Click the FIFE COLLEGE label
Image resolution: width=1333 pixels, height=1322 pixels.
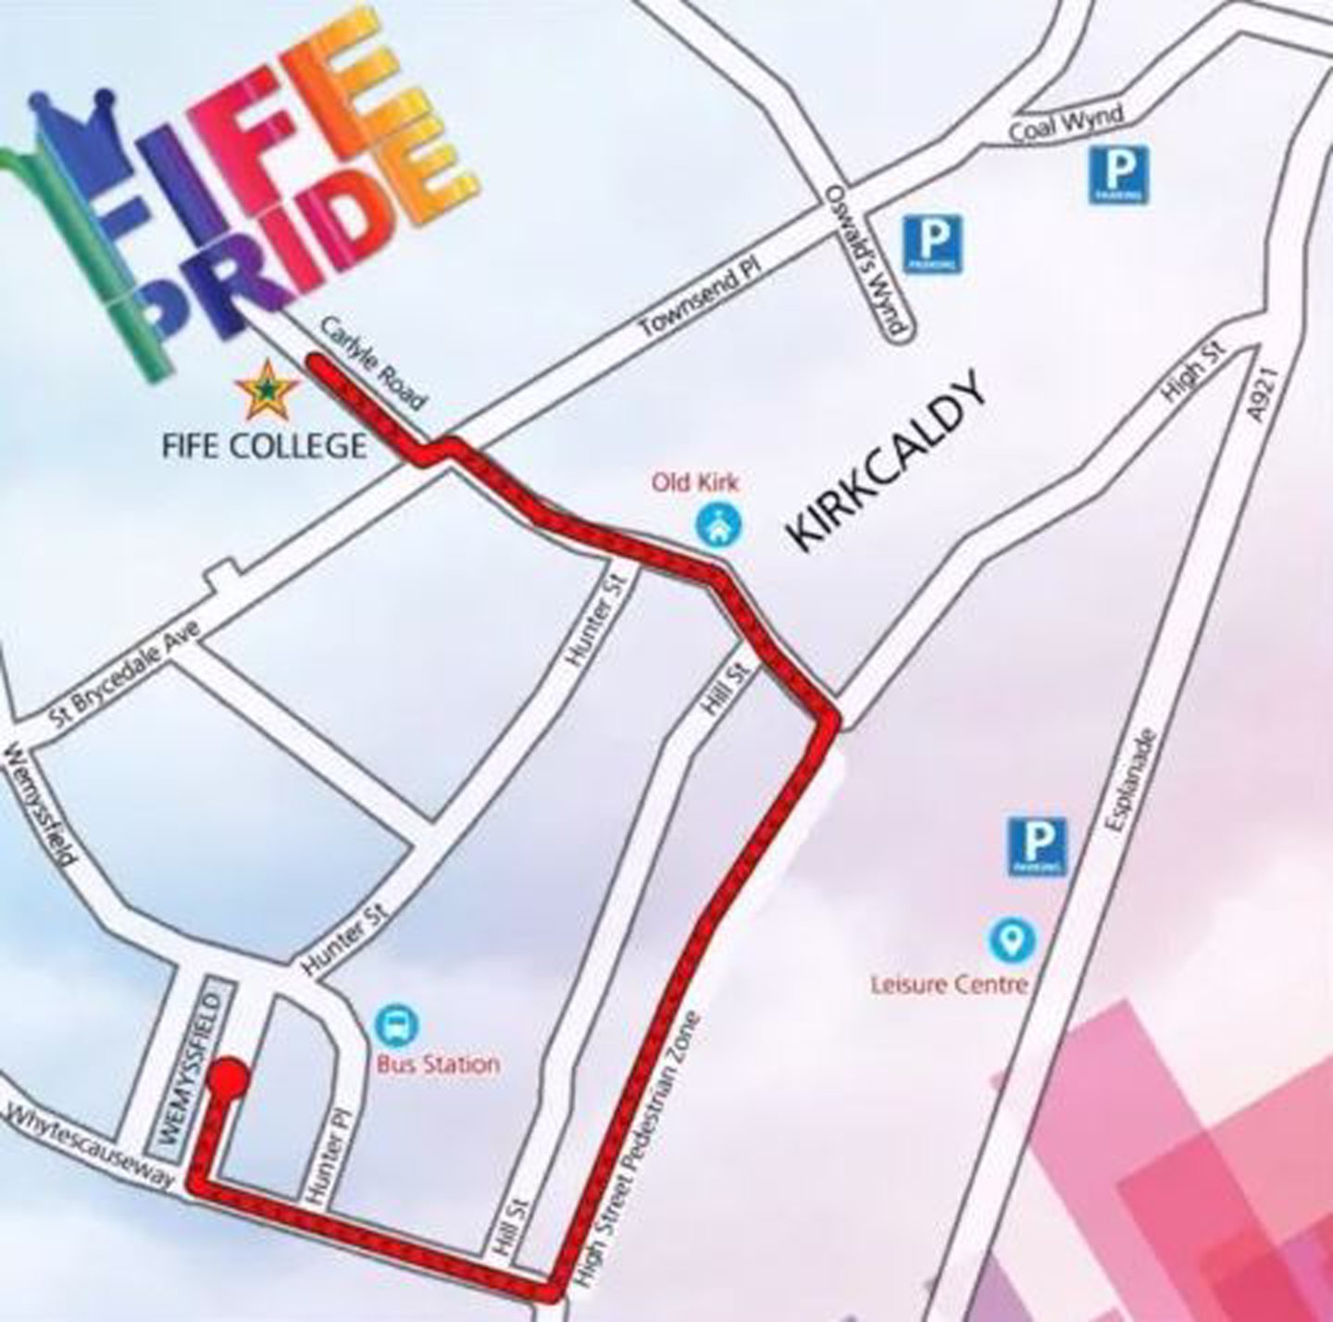pyautogui.click(x=264, y=445)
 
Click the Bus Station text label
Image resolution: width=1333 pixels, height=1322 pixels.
pyautogui.click(x=438, y=1064)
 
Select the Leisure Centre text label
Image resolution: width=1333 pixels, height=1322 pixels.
pyautogui.click(x=949, y=983)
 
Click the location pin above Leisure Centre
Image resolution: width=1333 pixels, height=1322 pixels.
pyautogui.click(x=1014, y=940)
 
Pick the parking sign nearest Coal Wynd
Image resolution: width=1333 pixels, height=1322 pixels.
pyautogui.click(x=1118, y=174)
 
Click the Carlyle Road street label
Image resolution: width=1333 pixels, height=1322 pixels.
pyautogui.click(x=374, y=364)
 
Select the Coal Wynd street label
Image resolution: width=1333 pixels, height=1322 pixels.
pyautogui.click(x=1065, y=122)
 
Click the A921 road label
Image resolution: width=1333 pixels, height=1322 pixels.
pyautogui.click(x=1263, y=394)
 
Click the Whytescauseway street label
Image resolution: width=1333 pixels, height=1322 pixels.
pyautogui.click(x=90, y=1146)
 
